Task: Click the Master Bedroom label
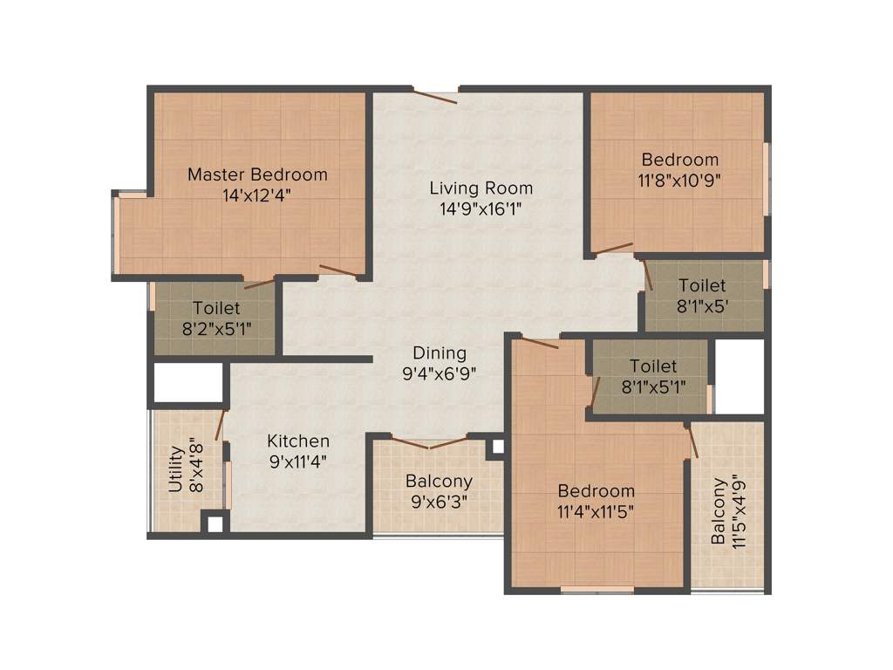coord(257,174)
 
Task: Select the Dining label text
coord(440,353)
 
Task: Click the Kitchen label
coord(298,441)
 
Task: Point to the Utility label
coord(176,468)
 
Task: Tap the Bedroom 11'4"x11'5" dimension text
coord(596,510)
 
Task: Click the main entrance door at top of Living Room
coord(435,95)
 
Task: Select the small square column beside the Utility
coord(215,523)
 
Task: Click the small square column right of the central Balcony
coord(496,447)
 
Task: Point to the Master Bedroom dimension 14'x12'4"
coord(257,195)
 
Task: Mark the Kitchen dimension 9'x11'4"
coord(298,461)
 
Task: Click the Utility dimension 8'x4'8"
coord(196,468)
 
